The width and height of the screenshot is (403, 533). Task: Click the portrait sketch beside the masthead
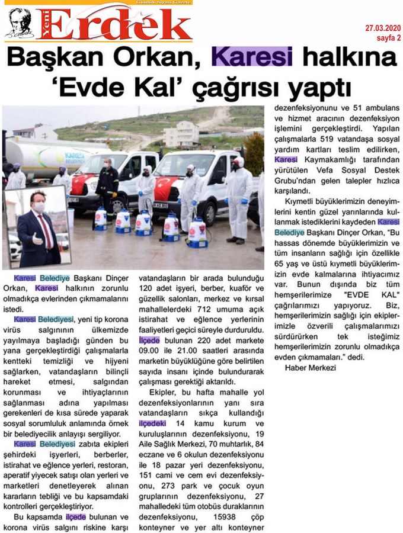click(x=18, y=24)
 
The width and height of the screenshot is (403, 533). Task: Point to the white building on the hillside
click(x=181, y=134)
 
